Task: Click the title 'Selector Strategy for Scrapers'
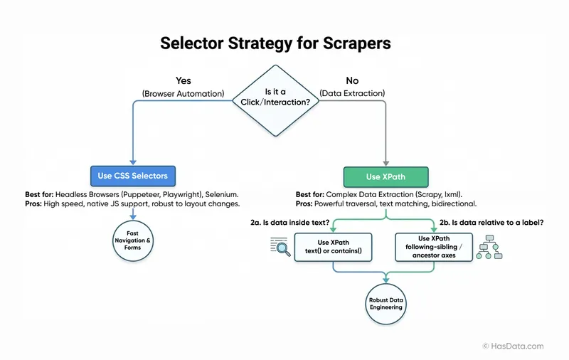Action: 275,43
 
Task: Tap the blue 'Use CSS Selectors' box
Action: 133,175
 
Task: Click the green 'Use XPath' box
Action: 386,176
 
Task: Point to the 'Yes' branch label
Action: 183,80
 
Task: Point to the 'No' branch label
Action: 352,80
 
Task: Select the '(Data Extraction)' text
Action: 353,94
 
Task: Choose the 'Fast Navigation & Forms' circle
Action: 133,241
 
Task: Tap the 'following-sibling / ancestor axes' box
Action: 434,247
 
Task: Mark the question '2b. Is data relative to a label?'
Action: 491,223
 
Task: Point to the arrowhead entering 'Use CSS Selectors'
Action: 133,162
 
